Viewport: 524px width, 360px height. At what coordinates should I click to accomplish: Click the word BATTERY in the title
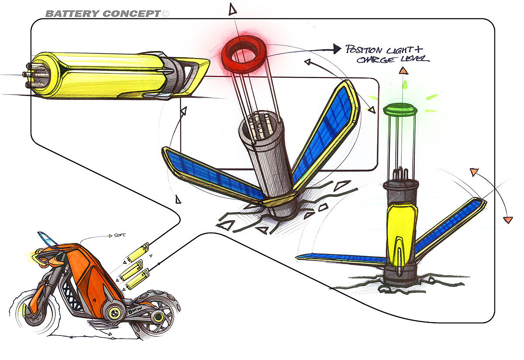(72, 14)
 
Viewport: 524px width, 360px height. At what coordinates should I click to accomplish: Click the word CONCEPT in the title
(131, 14)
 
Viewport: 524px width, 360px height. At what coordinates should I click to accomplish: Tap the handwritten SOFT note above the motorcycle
(119, 236)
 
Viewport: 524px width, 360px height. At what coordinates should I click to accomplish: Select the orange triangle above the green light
(404, 70)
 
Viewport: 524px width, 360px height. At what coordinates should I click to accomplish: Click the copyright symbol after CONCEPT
(165, 14)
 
